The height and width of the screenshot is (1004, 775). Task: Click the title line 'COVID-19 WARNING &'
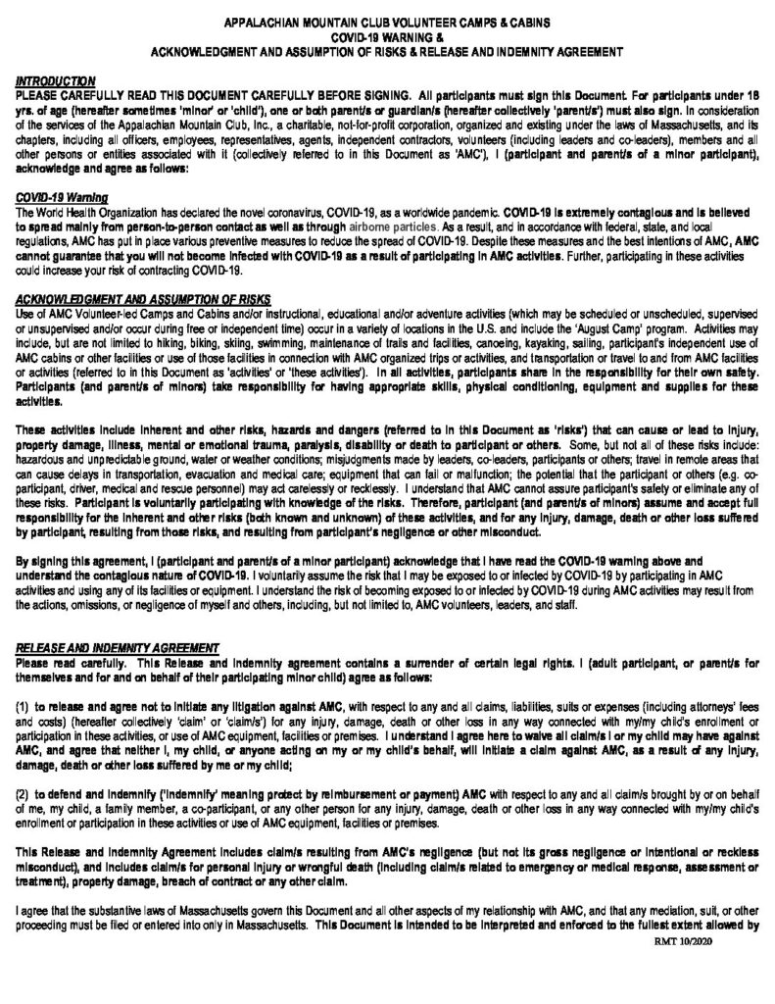(x=386, y=33)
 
